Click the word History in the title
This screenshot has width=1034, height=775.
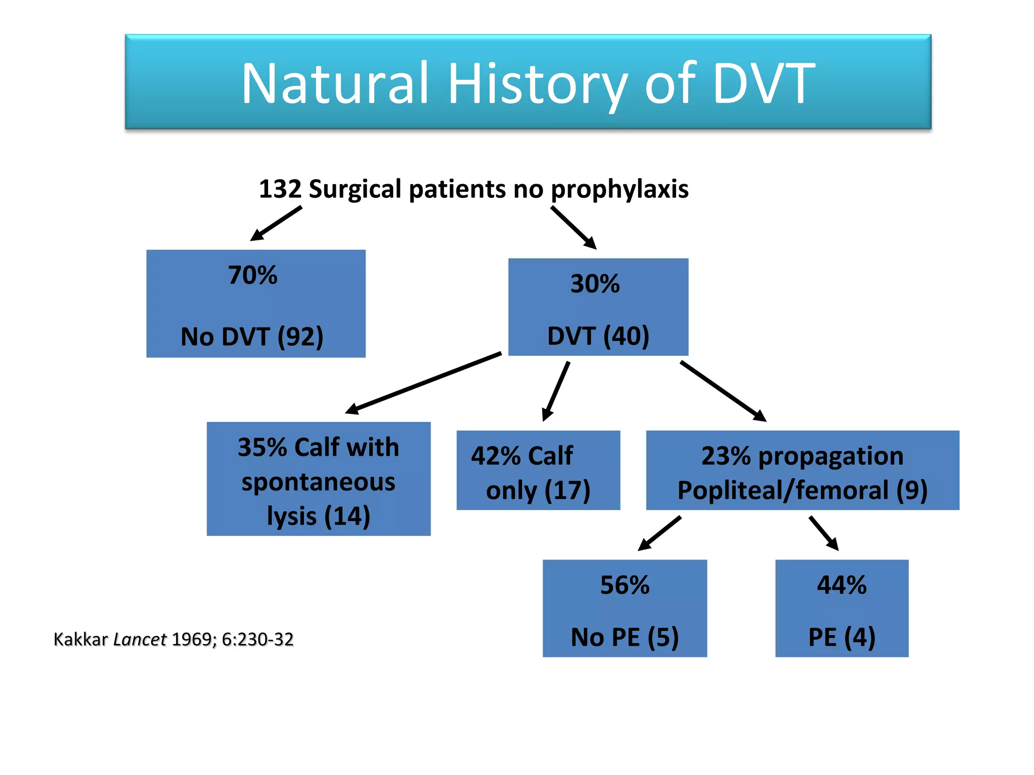(538, 83)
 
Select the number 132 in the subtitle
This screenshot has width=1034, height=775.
(280, 189)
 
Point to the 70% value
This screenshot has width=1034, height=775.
(252, 275)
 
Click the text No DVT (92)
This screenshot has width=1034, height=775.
(252, 337)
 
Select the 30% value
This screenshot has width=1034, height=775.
(595, 284)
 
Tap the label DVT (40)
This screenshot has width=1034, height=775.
(598, 336)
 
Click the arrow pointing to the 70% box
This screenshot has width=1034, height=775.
(276, 223)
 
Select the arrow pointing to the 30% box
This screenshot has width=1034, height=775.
(574, 228)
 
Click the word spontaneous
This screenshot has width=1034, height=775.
(318, 482)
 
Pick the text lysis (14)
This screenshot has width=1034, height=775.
(318, 516)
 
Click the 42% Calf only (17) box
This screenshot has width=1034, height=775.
(538, 470)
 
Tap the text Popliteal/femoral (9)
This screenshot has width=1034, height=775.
(802, 490)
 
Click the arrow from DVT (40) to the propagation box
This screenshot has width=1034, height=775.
(723, 391)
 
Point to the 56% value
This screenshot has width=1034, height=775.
(625, 585)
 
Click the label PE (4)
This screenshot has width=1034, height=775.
(842, 637)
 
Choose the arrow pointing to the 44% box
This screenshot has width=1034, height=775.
(824, 533)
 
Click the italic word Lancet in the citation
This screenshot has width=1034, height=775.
(140, 640)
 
